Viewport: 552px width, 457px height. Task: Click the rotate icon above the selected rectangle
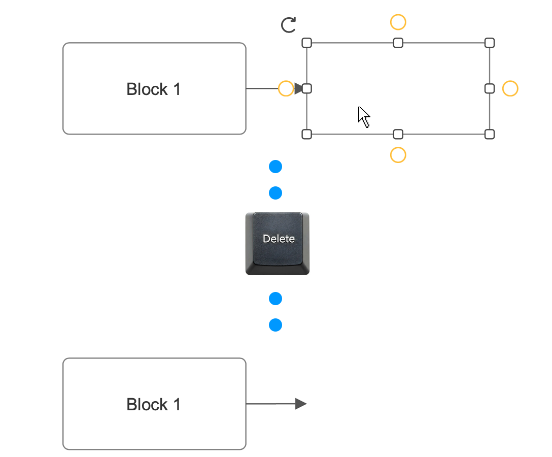(288, 25)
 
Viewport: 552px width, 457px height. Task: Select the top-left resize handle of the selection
(306, 43)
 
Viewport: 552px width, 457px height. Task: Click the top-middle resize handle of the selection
(398, 43)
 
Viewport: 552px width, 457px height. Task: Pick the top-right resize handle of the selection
(490, 43)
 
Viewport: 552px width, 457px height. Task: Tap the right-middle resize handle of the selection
(490, 88)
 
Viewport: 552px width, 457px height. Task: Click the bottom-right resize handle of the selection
(490, 134)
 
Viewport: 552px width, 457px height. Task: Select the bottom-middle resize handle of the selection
(398, 134)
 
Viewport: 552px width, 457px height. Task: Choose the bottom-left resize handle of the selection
(306, 134)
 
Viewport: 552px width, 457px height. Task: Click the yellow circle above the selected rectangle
(398, 22)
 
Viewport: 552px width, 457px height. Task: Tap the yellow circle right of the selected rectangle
(510, 88)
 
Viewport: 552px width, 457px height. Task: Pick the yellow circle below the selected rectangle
(398, 155)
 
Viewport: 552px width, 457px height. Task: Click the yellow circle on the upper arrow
(286, 88)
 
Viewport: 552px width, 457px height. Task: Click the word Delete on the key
(279, 239)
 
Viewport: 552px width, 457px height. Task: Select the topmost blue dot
(275, 167)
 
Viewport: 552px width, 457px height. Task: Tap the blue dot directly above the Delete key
(275, 193)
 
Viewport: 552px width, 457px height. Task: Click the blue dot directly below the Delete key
(275, 299)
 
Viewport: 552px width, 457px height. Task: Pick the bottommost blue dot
(275, 325)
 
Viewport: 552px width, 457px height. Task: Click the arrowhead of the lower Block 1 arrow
(301, 404)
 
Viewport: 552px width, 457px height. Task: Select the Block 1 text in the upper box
(153, 89)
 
